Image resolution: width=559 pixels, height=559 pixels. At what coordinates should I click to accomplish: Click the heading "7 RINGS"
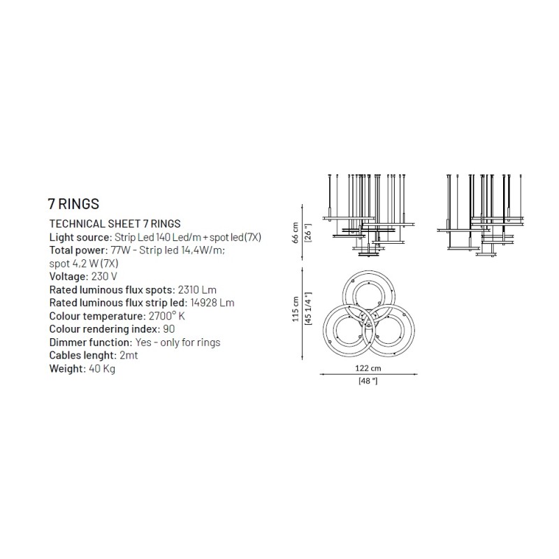tap(73, 204)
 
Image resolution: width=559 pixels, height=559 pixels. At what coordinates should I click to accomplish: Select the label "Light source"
tap(80, 238)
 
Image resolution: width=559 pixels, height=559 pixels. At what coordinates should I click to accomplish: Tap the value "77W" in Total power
tap(121, 250)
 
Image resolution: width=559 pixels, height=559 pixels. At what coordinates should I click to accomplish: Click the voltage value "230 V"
tap(104, 277)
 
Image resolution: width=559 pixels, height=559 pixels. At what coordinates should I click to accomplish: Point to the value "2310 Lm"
tap(197, 290)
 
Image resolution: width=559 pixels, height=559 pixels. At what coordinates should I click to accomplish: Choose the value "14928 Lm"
tap(212, 303)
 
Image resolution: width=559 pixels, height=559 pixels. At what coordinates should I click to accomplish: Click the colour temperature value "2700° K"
tap(167, 317)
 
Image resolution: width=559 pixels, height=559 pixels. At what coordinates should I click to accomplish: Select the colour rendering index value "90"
tap(168, 329)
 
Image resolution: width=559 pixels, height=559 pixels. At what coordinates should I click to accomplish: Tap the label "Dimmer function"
tap(91, 342)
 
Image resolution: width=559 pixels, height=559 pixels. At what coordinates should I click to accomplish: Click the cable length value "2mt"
tap(129, 356)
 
